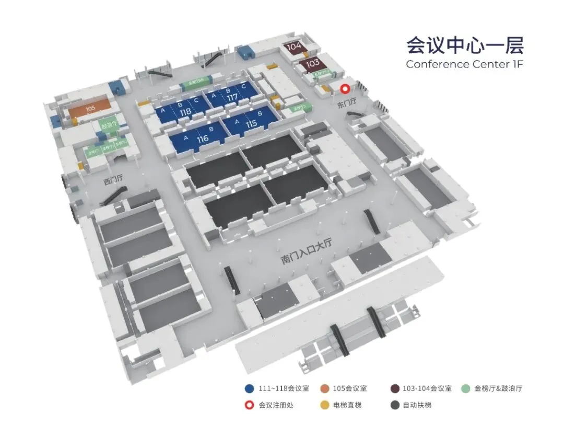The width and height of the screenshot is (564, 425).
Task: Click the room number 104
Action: pos(295,47)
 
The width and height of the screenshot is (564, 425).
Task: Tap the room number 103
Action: pos(312,63)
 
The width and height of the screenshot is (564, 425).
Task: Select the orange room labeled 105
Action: pos(90,108)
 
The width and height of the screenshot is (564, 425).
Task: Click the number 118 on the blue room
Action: pos(185,112)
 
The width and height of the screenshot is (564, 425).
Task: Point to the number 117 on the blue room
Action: pos(232,97)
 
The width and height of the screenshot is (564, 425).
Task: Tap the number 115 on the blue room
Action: pos(251,124)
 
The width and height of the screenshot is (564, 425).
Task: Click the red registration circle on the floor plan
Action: pos(345,89)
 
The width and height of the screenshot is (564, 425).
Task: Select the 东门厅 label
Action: pos(346,104)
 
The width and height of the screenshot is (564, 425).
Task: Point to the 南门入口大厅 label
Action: pos(307,251)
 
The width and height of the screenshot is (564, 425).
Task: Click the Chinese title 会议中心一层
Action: pos(465,45)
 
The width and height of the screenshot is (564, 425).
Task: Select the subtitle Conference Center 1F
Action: pos(464,64)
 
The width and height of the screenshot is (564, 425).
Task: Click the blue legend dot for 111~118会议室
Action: pos(249,388)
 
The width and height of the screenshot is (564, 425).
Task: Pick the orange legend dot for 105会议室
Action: pos(324,388)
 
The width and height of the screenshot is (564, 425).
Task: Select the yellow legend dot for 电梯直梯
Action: pos(324,405)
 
